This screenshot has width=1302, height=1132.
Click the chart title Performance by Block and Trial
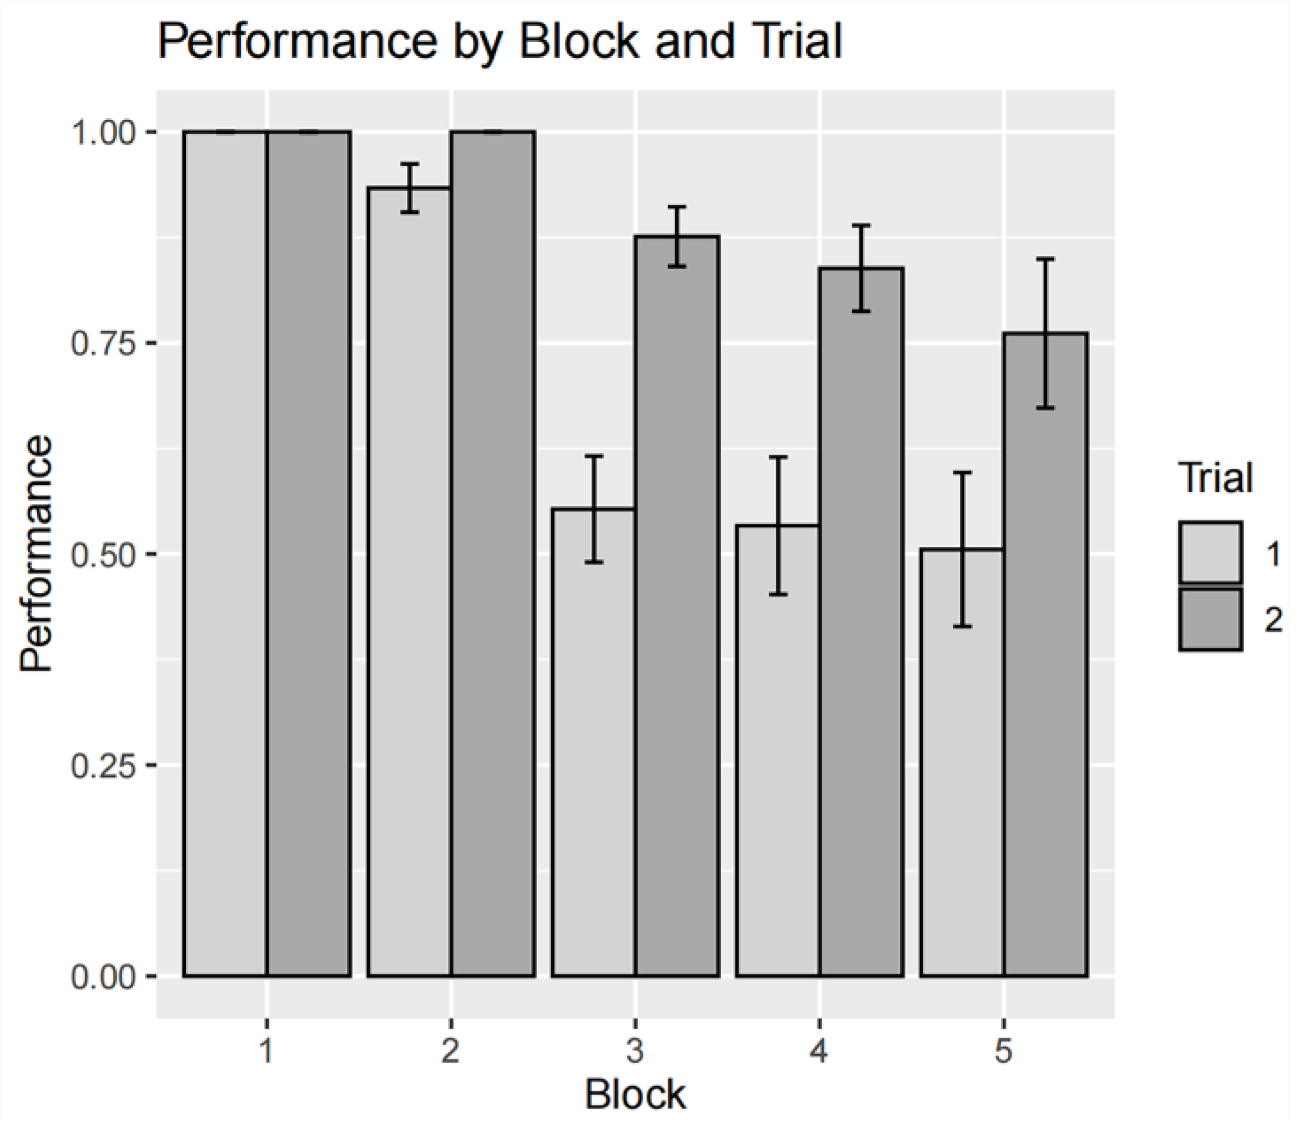coord(499,42)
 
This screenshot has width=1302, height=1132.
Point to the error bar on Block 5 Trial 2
coord(1046,334)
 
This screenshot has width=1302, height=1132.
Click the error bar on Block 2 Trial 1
coord(410,188)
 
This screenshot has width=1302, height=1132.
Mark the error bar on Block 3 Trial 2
coord(677,237)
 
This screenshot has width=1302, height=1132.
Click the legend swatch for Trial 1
coord(1210,552)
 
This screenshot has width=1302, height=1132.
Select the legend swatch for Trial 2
coord(1210,619)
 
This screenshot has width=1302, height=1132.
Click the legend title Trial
coord(1215,478)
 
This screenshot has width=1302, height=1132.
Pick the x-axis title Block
coord(634,1096)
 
